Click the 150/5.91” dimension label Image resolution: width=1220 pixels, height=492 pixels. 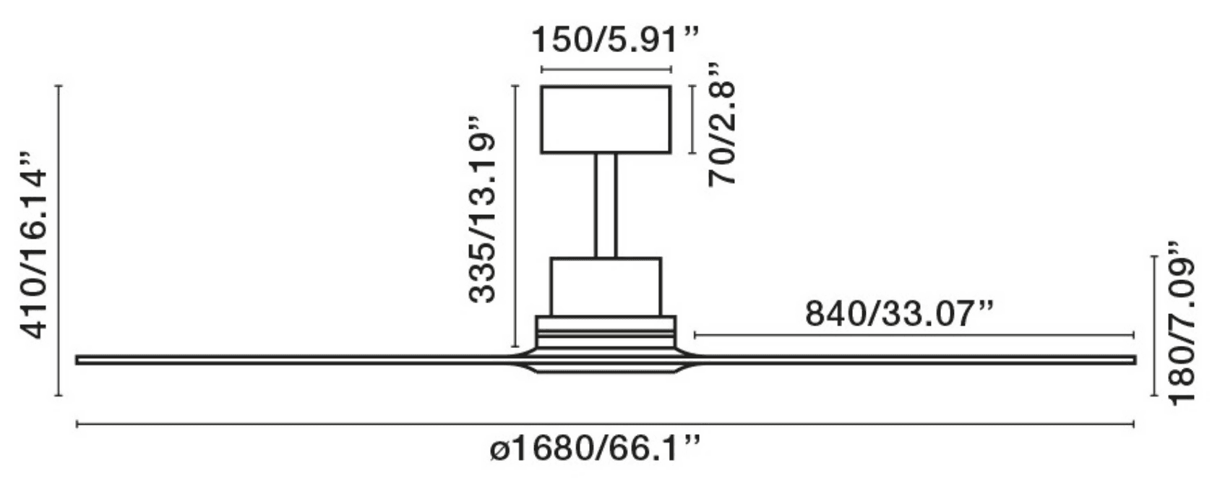[x=614, y=40]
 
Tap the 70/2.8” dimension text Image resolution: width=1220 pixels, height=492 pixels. [x=721, y=125]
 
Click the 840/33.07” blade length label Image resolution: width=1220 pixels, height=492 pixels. [x=899, y=314]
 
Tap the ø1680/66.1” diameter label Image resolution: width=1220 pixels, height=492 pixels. [x=594, y=449]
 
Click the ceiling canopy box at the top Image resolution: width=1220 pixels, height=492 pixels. [x=606, y=119]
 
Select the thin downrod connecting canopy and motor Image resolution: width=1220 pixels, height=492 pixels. [x=606, y=205]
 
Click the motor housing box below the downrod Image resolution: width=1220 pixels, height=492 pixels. [x=606, y=287]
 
